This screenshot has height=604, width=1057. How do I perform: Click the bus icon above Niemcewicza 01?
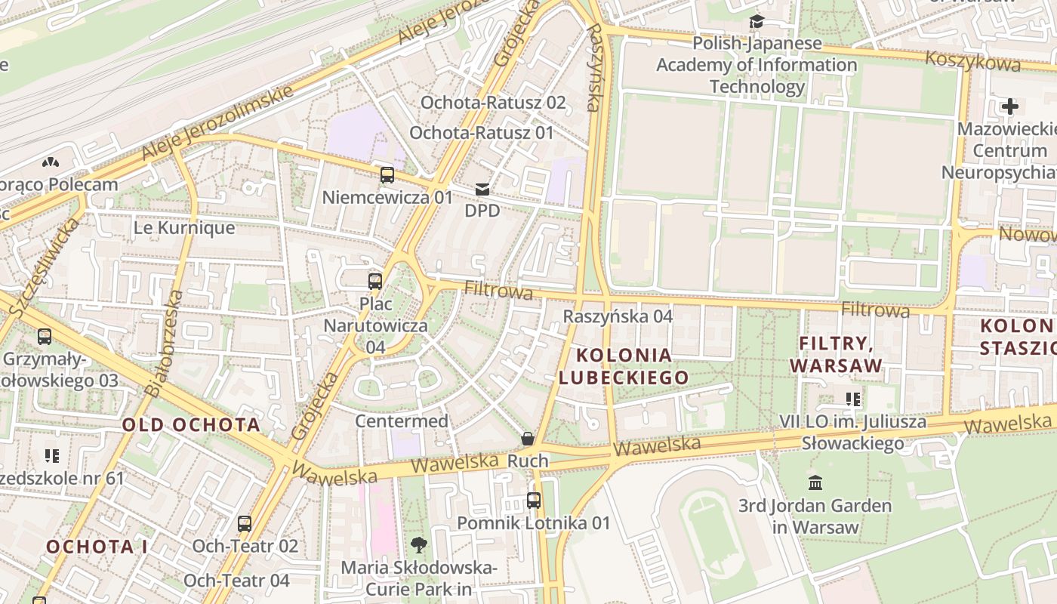click(x=387, y=175)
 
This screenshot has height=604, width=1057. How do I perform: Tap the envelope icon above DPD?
click(x=482, y=189)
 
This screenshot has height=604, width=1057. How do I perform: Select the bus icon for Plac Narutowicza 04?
click(x=375, y=282)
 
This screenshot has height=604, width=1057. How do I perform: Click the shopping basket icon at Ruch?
click(x=528, y=439)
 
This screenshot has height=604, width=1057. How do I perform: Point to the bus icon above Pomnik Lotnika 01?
click(x=534, y=500)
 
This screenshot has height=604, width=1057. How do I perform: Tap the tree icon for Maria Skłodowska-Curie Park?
click(x=418, y=544)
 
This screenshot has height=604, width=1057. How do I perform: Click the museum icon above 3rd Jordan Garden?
click(x=815, y=482)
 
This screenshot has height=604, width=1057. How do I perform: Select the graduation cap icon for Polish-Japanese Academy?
click(x=757, y=21)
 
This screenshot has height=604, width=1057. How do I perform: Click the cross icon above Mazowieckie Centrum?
click(x=1009, y=106)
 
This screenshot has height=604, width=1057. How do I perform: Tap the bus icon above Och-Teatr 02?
click(x=245, y=523)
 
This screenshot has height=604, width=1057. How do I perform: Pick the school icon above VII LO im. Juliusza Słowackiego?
click(x=853, y=399)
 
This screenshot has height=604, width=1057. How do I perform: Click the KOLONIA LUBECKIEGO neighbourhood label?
click(x=624, y=366)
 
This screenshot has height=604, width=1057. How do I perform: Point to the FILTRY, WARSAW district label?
click(x=836, y=354)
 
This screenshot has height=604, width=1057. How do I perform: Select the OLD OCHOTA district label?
click(x=192, y=424)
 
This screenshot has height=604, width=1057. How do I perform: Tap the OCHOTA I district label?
click(x=97, y=547)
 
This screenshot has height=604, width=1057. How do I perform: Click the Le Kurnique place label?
click(x=184, y=227)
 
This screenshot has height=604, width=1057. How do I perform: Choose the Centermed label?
click(x=402, y=421)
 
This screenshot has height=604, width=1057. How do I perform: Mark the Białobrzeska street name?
click(x=165, y=344)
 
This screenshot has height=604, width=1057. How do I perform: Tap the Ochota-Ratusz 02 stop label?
click(x=493, y=102)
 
